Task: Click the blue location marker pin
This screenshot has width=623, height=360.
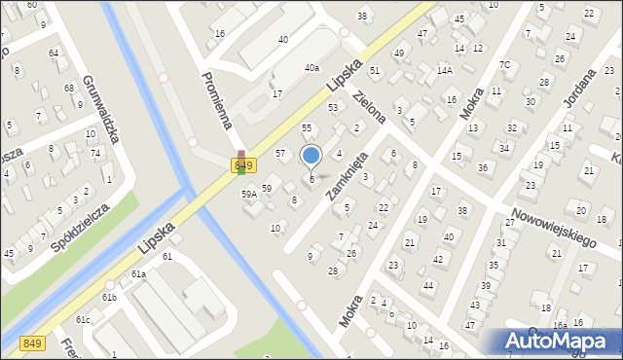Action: (x=311, y=156)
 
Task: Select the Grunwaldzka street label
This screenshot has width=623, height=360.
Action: (x=101, y=110)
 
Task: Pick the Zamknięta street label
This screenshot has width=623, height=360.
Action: (x=348, y=175)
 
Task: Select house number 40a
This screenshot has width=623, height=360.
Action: (x=311, y=68)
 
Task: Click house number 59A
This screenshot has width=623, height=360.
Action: (x=249, y=195)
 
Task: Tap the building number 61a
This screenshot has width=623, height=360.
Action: (x=139, y=274)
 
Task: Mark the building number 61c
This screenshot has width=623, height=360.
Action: (x=84, y=319)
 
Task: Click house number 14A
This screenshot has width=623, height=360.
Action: (x=444, y=70)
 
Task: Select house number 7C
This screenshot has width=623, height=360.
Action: (x=504, y=65)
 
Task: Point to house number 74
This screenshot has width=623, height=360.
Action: (x=95, y=154)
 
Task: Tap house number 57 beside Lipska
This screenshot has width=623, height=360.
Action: (x=280, y=154)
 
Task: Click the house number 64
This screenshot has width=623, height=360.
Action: (x=54, y=53)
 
